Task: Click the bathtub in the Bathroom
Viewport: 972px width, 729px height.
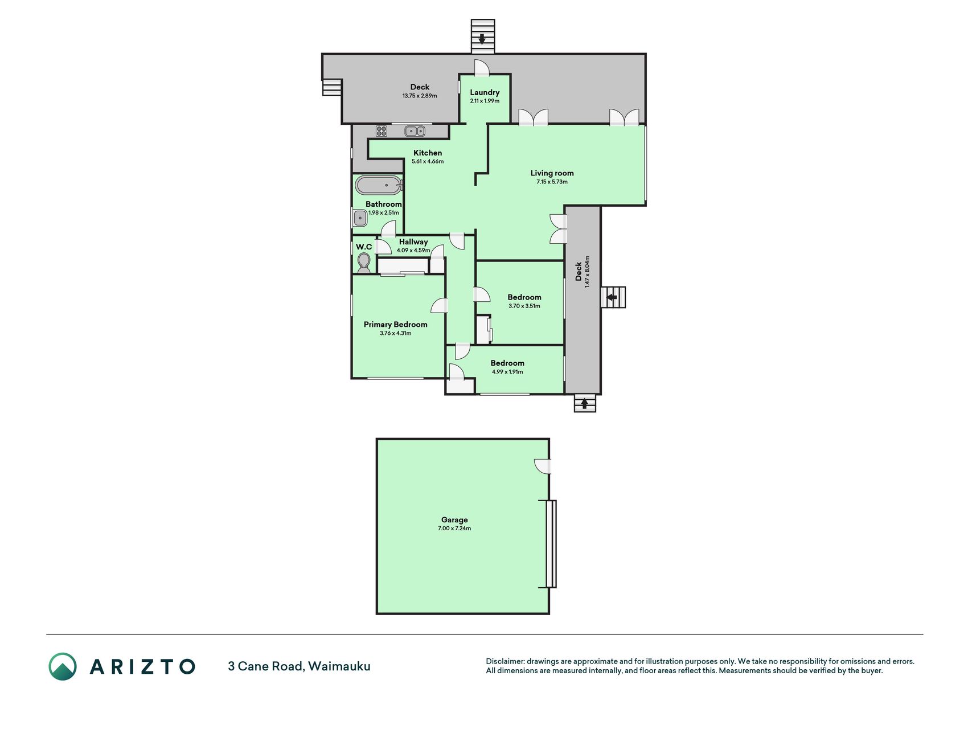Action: (x=379, y=186)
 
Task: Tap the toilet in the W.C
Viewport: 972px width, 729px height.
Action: (x=363, y=263)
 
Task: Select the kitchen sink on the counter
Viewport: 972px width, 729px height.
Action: (x=415, y=131)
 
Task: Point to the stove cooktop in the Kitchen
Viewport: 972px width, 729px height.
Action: (x=382, y=131)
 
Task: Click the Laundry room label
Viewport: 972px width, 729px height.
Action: (x=485, y=92)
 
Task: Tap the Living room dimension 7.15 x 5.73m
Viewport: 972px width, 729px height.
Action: (x=552, y=182)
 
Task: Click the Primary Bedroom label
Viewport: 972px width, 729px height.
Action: (x=395, y=324)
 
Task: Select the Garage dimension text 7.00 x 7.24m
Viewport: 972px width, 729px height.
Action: (x=454, y=529)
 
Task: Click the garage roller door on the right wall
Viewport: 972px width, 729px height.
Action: (x=551, y=544)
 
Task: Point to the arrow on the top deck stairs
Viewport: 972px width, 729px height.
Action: (x=482, y=39)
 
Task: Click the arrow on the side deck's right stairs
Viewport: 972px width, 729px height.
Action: (x=612, y=297)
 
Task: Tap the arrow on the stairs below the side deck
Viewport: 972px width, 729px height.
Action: (x=584, y=404)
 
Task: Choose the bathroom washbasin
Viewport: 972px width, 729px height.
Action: (x=359, y=217)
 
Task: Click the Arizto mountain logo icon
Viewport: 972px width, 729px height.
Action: (x=63, y=666)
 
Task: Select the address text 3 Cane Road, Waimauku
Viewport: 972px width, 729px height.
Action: (x=299, y=666)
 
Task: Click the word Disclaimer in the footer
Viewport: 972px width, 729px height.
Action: (x=505, y=661)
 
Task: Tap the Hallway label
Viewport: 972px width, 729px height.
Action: (x=413, y=241)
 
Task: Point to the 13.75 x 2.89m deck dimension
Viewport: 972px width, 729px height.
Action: (x=420, y=96)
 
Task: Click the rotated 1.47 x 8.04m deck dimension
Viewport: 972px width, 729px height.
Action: (x=587, y=271)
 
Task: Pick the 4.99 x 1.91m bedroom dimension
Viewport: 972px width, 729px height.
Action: (x=507, y=372)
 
